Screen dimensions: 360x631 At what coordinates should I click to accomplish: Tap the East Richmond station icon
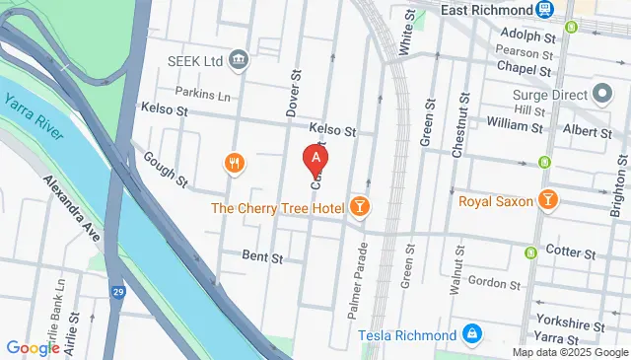point(544,9)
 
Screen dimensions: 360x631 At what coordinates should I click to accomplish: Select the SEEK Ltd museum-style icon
point(239,61)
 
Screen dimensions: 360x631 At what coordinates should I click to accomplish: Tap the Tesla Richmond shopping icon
point(472,333)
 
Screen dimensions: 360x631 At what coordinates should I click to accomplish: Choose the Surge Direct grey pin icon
point(602,97)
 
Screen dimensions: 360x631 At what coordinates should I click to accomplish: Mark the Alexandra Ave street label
point(73,209)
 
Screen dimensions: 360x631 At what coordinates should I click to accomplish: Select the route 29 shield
point(116,293)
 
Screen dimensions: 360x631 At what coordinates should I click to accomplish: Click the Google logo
point(33,347)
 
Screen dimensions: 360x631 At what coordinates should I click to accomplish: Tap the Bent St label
point(262,256)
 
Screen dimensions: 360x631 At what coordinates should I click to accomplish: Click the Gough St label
point(165,169)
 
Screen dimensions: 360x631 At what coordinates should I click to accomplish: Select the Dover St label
point(293,95)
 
